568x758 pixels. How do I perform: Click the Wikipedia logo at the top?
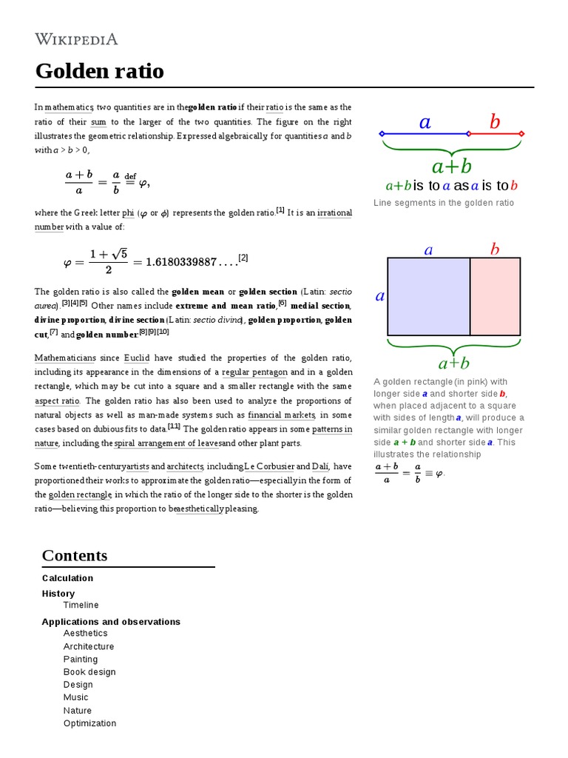[x=76, y=39]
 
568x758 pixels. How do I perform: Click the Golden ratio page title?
[x=100, y=71]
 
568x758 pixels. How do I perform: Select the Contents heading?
[x=75, y=555]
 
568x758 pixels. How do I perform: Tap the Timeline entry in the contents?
[x=81, y=606]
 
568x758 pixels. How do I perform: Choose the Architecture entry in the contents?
[x=89, y=646]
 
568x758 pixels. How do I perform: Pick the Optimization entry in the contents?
[x=89, y=723]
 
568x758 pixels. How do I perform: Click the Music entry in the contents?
[x=75, y=697]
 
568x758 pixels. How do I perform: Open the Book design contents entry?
[x=89, y=672]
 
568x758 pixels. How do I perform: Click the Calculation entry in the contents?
[x=67, y=578]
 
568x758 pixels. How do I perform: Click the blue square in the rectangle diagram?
[x=429, y=296]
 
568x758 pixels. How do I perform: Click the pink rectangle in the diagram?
[x=496, y=296]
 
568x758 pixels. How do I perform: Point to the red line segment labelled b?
[x=495, y=134]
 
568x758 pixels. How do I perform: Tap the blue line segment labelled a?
[x=425, y=134]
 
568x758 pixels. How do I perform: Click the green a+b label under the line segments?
[x=451, y=166]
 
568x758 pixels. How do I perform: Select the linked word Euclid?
[x=137, y=358]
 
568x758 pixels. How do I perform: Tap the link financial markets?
[x=282, y=415]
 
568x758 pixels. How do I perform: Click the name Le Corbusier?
[x=269, y=466]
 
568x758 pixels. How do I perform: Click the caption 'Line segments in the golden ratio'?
[x=444, y=203]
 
